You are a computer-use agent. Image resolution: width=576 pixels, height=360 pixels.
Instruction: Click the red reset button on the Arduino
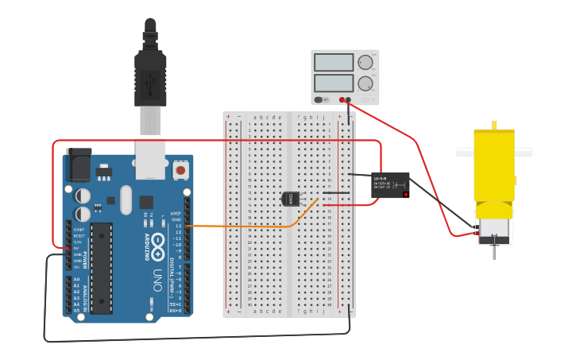pyautogui.click(x=180, y=170)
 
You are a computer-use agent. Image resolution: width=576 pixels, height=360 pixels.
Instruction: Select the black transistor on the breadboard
pyautogui.click(x=291, y=199)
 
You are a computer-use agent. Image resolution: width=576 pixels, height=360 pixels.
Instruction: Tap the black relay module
pyautogui.click(x=390, y=184)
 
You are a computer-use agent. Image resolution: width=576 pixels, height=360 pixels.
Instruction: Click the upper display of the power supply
pyautogui.click(x=334, y=63)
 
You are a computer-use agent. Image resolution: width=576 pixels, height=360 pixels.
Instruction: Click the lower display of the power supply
pyautogui.click(x=334, y=83)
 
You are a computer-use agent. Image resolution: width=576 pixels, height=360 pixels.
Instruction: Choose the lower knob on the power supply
pyautogui.click(x=365, y=83)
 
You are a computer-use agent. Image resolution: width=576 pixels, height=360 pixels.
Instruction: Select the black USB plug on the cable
pyautogui.click(x=150, y=75)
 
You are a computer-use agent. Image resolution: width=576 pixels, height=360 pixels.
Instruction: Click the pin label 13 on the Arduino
pyautogui.click(x=177, y=226)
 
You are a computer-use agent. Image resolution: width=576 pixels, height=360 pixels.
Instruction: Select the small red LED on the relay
pyautogui.click(x=405, y=193)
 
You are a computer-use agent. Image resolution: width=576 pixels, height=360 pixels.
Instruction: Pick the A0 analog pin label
pyautogui.click(x=76, y=280)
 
